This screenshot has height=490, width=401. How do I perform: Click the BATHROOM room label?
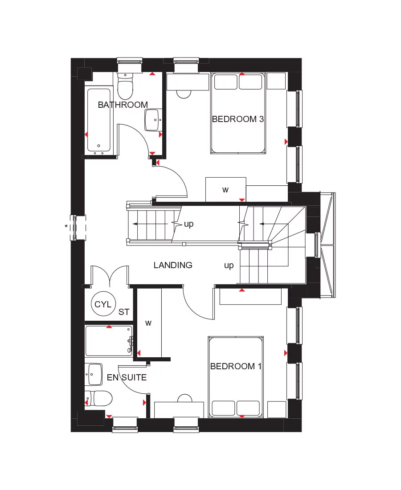click(x=123, y=105)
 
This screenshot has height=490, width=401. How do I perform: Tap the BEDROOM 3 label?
click(x=237, y=119)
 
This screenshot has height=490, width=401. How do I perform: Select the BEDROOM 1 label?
click(x=236, y=367)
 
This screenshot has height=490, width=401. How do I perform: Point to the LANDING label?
click(x=173, y=265)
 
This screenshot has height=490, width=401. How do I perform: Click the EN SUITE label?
click(x=127, y=378)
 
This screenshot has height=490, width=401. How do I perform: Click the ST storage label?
click(x=123, y=312)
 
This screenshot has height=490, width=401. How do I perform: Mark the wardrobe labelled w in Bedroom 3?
click(x=225, y=190)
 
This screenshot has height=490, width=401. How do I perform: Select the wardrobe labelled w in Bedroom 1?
click(x=148, y=323)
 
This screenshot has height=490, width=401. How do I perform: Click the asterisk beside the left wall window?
click(x=66, y=227)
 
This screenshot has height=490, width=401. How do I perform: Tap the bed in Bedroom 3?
click(x=238, y=114)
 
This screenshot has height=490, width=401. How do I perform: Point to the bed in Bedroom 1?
click(x=236, y=377)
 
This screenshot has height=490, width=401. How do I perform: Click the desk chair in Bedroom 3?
click(x=184, y=94)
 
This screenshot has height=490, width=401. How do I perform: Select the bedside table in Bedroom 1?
click(x=277, y=409)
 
